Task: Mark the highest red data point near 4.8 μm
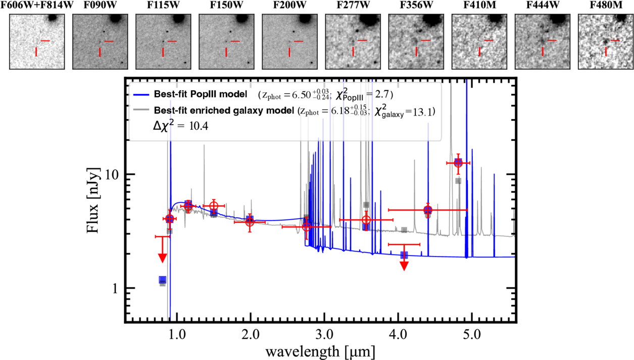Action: pos(458,163)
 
